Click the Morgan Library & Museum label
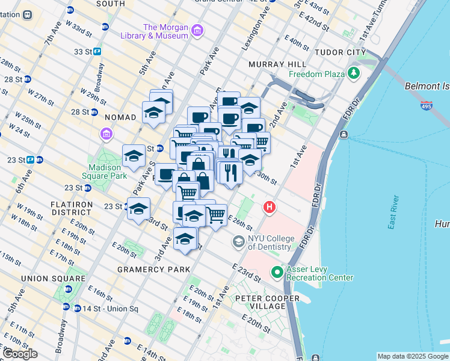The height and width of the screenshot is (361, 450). pos(165,31)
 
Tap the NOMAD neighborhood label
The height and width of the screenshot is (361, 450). pos(120,117)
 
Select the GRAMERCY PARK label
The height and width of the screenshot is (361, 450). pos(154,269)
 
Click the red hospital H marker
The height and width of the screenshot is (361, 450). pos(270,208)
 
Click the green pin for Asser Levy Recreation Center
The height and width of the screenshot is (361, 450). pos(277,273)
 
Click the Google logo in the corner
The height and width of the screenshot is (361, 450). pos(20,354)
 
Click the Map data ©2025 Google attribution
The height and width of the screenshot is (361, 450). pos(413,356)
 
